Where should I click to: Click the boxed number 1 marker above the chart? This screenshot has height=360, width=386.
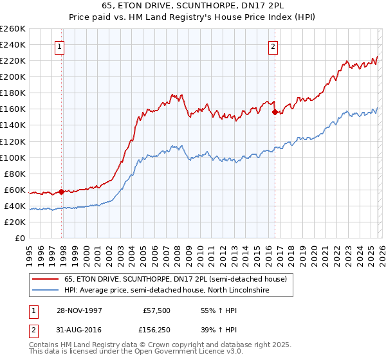[59, 46]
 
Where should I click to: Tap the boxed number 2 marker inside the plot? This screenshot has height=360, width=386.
[273, 46]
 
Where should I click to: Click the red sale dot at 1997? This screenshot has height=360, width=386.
[62, 192]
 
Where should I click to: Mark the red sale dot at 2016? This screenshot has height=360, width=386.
[275, 112]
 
